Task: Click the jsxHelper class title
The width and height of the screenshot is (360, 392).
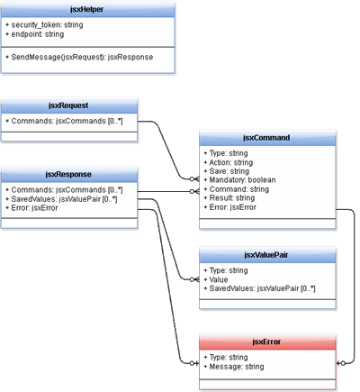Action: pos(87,9)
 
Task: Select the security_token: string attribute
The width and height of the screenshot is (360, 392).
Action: pos(44,25)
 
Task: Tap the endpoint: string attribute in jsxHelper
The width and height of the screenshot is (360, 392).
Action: pos(35,34)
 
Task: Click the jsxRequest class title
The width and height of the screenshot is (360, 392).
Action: pos(68,105)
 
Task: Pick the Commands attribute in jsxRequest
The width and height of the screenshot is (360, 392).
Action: pos(64,121)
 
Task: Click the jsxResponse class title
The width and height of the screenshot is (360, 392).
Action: pos(68,174)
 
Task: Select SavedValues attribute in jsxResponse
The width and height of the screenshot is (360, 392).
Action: pos(61,199)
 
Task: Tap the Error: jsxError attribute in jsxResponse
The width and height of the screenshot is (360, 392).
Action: pos(31,208)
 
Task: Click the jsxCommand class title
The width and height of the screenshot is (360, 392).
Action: pos(266,138)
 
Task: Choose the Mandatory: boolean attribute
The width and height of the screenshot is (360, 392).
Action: pos(239,180)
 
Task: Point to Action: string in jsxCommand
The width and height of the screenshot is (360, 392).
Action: pos(229,162)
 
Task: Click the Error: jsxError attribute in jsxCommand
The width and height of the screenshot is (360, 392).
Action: pos(230,207)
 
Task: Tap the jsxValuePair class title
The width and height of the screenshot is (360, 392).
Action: pos(266,255)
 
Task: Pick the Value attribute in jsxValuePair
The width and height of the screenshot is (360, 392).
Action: pos(216,279)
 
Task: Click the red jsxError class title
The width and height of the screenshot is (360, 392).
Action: pos(266,342)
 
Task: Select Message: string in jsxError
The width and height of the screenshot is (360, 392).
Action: pos(234,367)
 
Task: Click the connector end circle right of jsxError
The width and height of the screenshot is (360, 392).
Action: pos(343,363)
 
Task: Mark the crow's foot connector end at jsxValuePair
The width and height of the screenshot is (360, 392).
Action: pos(194,279)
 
